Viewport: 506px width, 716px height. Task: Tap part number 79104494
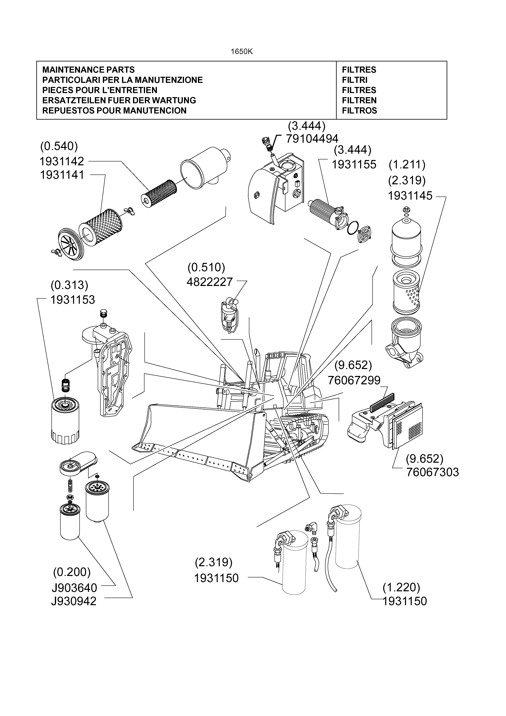point(312,138)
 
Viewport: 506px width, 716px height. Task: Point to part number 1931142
point(62,161)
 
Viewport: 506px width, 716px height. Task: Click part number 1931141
point(62,175)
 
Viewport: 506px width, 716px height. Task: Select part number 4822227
point(210,282)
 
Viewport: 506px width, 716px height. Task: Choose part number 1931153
point(73,300)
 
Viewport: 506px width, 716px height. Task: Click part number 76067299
point(354,380)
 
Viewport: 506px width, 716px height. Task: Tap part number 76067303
point(432,472)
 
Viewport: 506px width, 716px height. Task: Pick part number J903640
point(74,588)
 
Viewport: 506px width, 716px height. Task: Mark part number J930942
point(74,601)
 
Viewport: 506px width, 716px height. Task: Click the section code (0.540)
point(59,146)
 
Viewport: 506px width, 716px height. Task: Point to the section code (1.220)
point(401,587)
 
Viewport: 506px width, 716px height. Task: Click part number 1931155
point(354,164)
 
